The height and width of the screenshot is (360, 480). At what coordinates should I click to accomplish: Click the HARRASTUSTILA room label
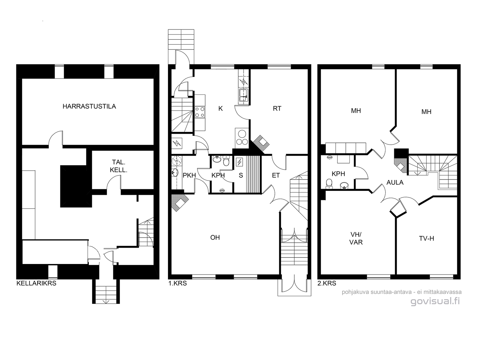click(x=89, y=106)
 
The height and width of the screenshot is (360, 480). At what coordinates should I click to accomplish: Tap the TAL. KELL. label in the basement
click(x=118, y=166)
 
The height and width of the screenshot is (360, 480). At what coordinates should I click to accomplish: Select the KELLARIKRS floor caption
click(x=36, y=283)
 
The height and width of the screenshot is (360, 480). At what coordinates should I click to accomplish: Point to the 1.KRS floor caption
click(x=178, y=283)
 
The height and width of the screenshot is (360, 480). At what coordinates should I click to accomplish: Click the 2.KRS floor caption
click(x=327, y=283)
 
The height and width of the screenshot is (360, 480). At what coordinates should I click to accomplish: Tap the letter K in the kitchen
click(x=220, y=109)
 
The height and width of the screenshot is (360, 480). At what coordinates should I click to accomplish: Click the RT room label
click(x=277, y=109)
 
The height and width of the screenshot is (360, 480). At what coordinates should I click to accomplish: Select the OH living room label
click(x=215, y=238)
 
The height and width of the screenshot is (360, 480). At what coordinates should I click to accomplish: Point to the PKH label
click(x=189, y=175)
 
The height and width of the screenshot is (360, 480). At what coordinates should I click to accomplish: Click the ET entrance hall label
click(x=276, y=175)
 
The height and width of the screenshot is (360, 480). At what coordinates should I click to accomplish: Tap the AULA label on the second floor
click(x=395, y=182)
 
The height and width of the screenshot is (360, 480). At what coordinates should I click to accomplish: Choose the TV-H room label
click(x=426, y=238)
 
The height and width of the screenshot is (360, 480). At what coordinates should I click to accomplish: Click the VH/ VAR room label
click(x=356, y=238)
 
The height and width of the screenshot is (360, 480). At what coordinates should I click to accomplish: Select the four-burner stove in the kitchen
click(x=200, y=112)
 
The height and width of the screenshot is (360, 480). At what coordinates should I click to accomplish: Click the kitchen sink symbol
click(x=243, y=95)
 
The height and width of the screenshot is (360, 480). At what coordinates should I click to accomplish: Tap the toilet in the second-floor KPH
click(x=329, y=184)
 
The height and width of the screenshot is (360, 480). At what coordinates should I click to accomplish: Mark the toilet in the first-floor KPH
click(x=226, y=161)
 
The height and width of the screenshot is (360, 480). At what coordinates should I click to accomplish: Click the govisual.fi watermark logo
click(x=435, y=301)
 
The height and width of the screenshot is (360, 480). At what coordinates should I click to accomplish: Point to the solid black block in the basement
click(x=76, y=186)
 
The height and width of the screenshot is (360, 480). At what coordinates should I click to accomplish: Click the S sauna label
click(x=241, y=175)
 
